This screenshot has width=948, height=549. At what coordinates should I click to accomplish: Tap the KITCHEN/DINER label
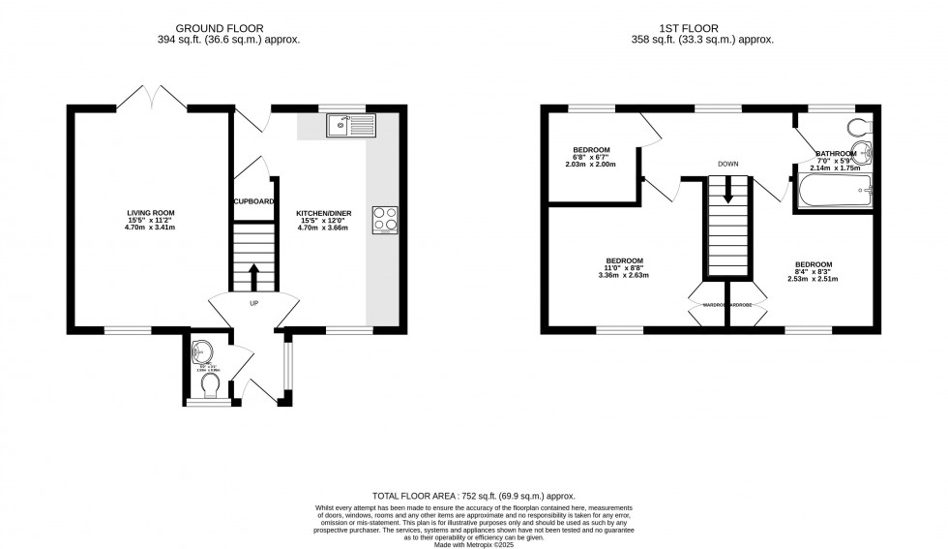coord(317,212)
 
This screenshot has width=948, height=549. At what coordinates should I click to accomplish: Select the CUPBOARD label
coord(254,201)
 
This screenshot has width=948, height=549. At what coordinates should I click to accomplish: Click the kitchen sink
coord(350,125)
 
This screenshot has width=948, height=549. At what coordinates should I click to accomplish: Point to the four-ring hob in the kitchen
coord(385,220)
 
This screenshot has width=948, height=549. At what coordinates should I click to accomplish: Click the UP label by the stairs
coord(254,303)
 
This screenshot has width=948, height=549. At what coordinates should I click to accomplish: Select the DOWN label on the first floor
coord(727,164)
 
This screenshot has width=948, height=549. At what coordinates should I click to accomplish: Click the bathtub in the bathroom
coord(835,191)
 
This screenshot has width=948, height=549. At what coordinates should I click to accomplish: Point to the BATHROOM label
coord(836,154)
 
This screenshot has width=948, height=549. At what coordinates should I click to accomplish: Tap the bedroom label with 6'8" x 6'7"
coord(590,150)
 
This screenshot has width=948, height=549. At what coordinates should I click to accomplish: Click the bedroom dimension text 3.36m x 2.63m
coord(623,276)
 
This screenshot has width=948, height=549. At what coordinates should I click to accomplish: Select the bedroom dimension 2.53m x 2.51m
coord(813,279)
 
